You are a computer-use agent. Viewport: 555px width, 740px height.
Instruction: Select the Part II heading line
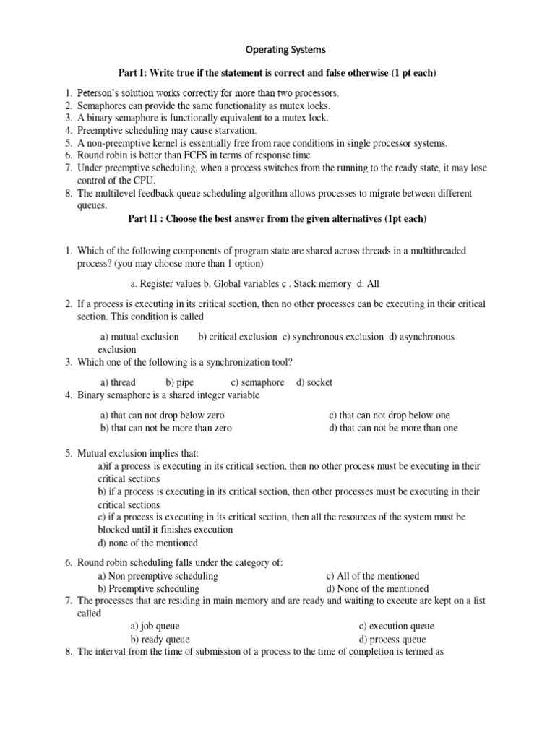pos(277,219)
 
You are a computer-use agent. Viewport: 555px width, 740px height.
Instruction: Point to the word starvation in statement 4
pos(233,131)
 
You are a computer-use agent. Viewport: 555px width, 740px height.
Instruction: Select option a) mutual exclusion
pos(139,337)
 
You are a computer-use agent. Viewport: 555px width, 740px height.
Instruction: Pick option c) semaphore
pos(257,382)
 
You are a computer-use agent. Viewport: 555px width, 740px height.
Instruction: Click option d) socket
pos(314,382)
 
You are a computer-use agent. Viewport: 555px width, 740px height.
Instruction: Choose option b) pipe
pos(180,382)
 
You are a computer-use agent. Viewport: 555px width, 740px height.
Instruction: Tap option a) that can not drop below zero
pos(163,416)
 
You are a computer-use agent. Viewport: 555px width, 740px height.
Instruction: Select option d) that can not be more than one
pos(393,428)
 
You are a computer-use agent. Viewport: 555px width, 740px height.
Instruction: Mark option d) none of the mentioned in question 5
pos(147,543)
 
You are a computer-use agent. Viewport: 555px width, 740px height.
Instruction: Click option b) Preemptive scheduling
pos(148,588)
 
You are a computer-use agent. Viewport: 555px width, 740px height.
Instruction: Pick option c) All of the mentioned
pos(372,576)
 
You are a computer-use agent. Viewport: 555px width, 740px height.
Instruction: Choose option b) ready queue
pos(160,640)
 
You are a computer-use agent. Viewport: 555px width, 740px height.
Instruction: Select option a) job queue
pos(155,627)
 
